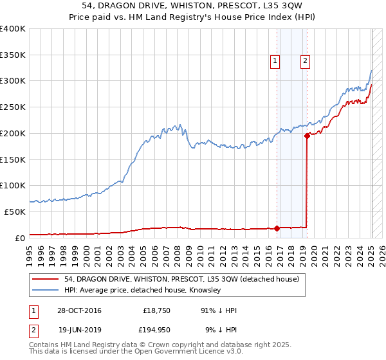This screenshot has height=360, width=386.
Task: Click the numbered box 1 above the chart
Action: pos(275,61)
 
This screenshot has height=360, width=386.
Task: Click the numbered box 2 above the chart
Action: pos(305,61)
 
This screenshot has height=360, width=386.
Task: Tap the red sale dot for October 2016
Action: pos(277,228)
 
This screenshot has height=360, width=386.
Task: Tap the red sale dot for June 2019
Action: pos(308,135)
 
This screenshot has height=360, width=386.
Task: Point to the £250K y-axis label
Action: pos(13,107)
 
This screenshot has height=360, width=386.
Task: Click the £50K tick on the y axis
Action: pos(15,211)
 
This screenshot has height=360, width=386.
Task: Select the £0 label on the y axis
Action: pos(21,237)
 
